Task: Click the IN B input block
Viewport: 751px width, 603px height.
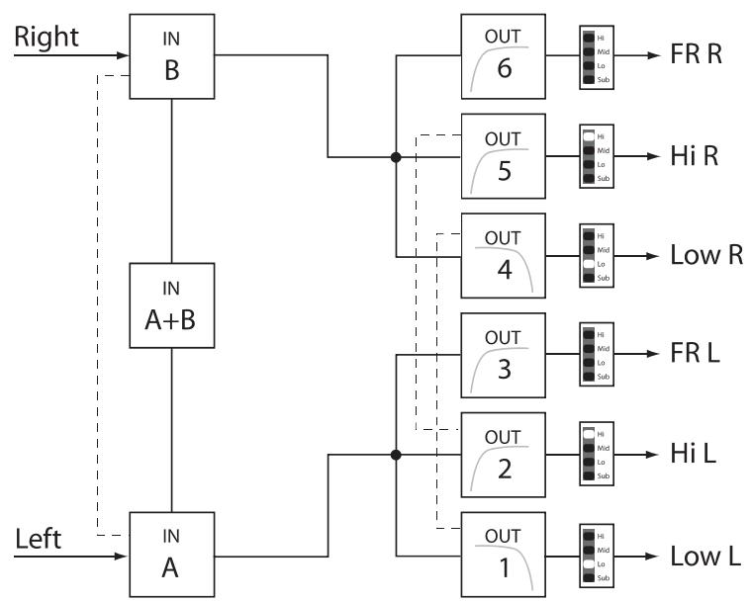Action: pyautogui.click(x=172, y=56)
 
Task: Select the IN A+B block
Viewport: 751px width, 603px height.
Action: pyautogui.click(x=172, y=304)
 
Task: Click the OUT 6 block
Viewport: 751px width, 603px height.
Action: pyautogui.click(x=503, y=56)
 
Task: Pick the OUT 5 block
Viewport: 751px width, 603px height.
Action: pyautogui.click(x=503, y=156)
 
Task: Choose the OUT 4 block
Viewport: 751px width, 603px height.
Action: pyautogui.click(x=503, y=255)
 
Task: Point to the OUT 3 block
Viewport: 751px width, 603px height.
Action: pyautogui.click(x=503, y=354)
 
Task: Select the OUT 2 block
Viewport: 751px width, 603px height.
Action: pyautogui.click(x=503, y=455)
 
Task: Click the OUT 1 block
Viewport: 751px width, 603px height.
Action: pyautogui.click(x=503, y=554)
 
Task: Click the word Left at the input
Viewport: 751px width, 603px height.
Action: pyautogui.click(x=40, y=540)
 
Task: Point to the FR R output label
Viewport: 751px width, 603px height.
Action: pyautogui.click(x=696, y=56)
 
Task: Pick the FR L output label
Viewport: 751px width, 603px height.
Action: pyautogui.click(x=694, y=354)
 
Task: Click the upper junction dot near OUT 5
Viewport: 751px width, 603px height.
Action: pyautogui.click(x=396, y=157)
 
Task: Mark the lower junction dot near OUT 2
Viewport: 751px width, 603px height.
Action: pyautogui.click(x=396, y=456)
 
